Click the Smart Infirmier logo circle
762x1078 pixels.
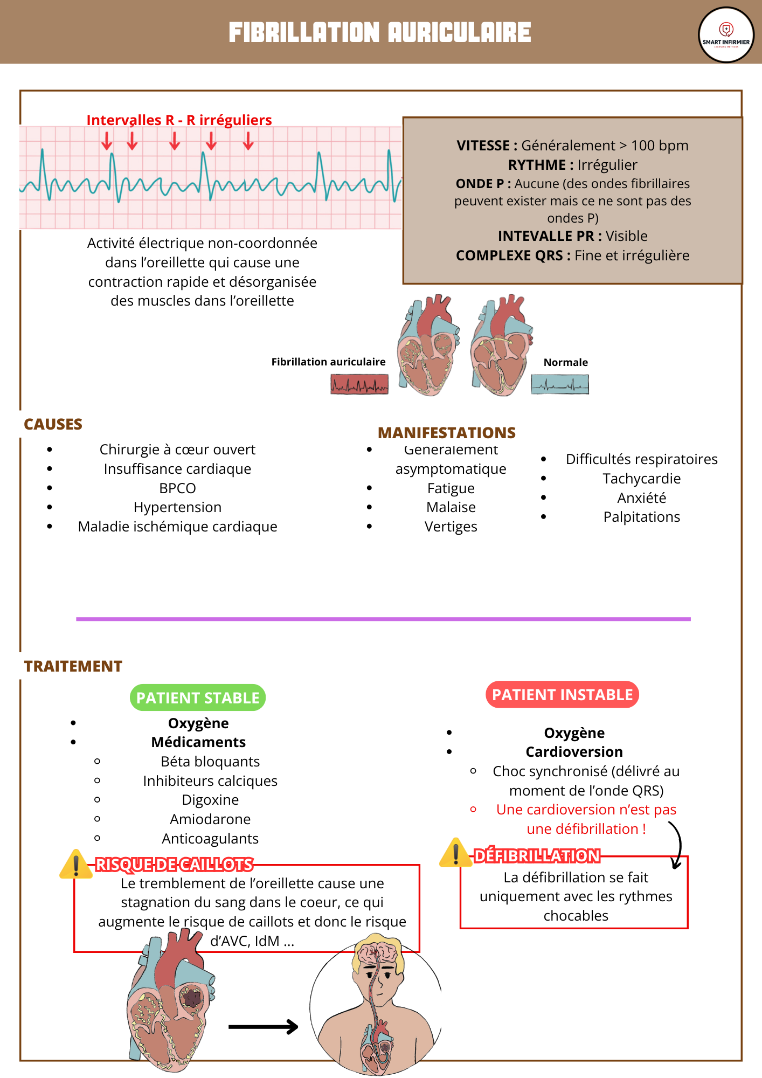[x=726, y=35]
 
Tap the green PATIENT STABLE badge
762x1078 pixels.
[x=198, y=697]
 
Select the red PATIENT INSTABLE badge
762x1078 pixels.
[x=562, y=695]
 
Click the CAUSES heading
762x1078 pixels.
[x=53, y=424]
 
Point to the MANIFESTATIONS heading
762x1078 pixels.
[x=446, y=433]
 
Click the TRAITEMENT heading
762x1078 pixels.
[x=73, y=666]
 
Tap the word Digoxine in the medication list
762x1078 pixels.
[x=210, y=800]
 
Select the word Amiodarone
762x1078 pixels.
[x=210, y=819]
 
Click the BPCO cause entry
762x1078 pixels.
[x=177, y=488]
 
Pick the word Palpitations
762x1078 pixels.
[x=641, y=517]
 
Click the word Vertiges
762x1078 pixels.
[x=451, y=527]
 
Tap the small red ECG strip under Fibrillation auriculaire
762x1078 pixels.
[x=359, y=384]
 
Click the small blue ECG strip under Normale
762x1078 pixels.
[x=559, y=384]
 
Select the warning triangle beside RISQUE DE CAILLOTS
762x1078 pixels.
[x=76, y=864]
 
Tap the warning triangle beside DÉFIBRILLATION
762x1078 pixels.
[x=456, y=853]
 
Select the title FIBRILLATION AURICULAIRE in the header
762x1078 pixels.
[x=380, y=32]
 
